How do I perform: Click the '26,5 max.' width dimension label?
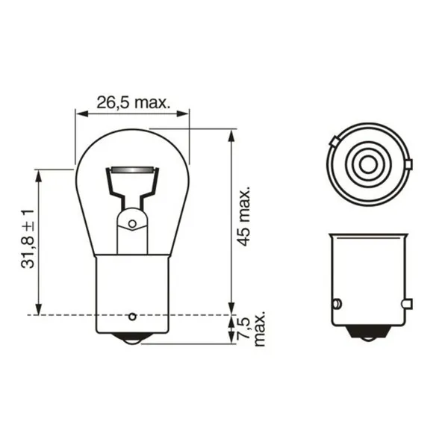click(x=133, y=102)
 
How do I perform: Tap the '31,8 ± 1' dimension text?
click(x=28, y=240)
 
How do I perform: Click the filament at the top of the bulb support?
click(x=132, y=172)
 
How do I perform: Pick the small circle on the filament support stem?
click(x=132, y=223)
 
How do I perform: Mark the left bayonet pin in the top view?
click(x=335, y=142)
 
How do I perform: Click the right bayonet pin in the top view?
click(x=408, y=164)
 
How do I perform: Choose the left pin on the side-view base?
click(x=336, y=304)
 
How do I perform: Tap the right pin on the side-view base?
click(x=405, y=303)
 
